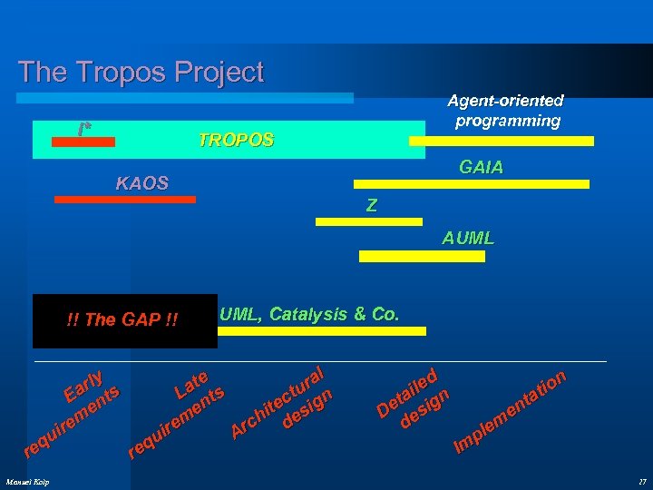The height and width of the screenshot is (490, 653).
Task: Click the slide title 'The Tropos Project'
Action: pyautogui.click(x=141, y=72)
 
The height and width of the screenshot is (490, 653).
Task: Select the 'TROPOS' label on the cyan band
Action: pyautogui.click(x=236, y=141)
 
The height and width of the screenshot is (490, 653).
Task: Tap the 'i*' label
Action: pyautogui.click(x=84, y=129)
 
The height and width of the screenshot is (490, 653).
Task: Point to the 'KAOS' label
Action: pyautogui.click(x=142, y=183)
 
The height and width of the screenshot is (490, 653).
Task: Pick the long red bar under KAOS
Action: pyautogui.click(x=125, y=199)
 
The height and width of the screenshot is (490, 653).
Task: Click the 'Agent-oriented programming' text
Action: pyautogui.click(x=508, y=111)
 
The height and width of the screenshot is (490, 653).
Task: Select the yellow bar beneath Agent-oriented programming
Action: pyautogui.click(x=502, y=141)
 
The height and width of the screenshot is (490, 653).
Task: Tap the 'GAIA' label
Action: pyautogui.click(x=482, y=168)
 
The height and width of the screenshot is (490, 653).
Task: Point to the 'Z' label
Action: pyautogui.click(x=371, y=206)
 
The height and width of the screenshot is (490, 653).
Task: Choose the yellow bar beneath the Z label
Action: pyautogui.click(x=368, y=220)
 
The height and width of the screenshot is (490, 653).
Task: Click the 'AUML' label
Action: pyautogui.click(x=468, y=239)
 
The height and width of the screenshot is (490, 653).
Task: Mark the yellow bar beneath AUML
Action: pyautogui.click(x=422, y=256)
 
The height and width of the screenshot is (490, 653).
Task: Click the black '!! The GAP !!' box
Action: pyautogui.click(x=124, y=320)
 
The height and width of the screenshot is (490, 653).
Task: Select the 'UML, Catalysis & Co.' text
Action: pyautogui.click(x=309, y=314)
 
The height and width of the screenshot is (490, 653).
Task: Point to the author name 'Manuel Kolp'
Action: pyautogui.click(x=27, y=481)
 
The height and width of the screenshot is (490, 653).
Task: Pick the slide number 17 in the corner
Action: pyautogui.click(x=640, y=481)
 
